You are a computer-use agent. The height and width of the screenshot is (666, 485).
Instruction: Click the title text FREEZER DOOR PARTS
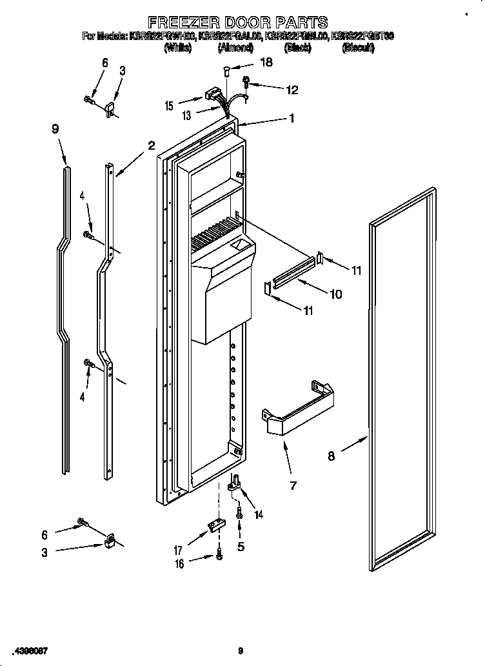(238, 23)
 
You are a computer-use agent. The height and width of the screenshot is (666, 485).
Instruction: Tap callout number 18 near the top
(266, 63)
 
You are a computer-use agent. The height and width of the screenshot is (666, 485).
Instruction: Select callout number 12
(292, 90)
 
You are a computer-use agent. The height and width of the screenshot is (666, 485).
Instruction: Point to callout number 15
(169, 106)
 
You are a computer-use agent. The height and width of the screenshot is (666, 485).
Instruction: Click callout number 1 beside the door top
(292, 118)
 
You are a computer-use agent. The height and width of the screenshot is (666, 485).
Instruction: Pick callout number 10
(335, 294)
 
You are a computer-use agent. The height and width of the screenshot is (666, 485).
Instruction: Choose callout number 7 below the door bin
(293, 485)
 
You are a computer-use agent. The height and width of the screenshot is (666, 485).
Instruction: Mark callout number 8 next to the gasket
(332, 456)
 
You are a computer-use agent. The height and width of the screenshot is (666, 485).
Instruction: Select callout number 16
(179, 564)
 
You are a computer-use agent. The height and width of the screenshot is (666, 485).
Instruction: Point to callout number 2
(151, 146)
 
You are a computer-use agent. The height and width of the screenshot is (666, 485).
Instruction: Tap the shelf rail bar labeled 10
(294, 270)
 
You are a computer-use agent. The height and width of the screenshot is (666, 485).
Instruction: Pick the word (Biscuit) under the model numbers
(358, 48)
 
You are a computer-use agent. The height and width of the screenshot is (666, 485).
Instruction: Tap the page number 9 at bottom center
(240, 651)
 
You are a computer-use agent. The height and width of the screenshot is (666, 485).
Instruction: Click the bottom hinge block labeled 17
(215, 526)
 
